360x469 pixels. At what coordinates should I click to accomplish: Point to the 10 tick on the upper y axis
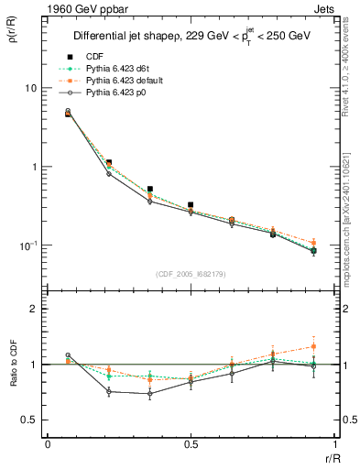[x=30, y=88]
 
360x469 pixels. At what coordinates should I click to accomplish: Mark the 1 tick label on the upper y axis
[x=34, y=168]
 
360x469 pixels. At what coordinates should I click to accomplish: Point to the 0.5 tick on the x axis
[x=190, y=445]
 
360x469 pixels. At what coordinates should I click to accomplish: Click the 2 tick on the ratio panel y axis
[x=34, y=310]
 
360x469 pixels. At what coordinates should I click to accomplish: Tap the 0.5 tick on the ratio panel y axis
[x=29, y=420]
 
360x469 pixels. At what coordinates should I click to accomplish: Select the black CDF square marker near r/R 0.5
[x=190, y=205]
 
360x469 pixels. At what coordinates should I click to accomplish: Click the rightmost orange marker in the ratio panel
[x=313, y=346]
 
